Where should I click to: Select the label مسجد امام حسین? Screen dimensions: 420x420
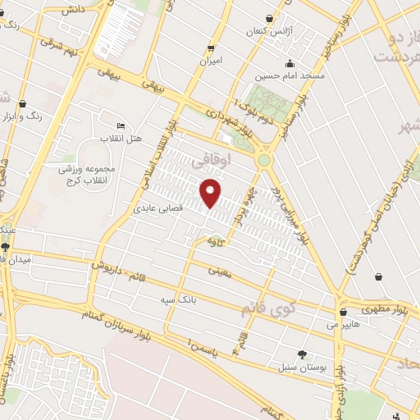click(x=289, y=76)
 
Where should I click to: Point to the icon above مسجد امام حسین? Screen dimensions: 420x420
click(x=289, y=64)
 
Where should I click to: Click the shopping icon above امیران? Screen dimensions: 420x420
click(x=212, y=48)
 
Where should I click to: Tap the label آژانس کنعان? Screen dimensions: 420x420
click(x=269, y=31)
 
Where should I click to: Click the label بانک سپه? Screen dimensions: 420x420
click(x=178, y=300)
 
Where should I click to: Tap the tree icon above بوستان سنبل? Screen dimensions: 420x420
click(x=303, y=354)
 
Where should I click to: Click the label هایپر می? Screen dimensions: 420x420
click(x=344, y=325)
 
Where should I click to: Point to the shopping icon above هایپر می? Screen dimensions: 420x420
click(x=343, y=312)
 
